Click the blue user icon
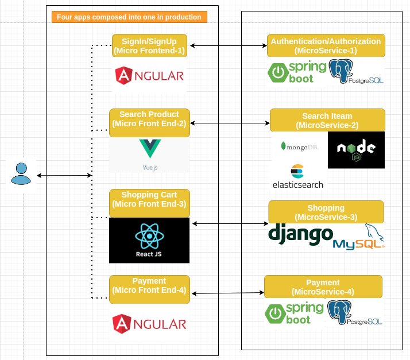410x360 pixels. pos(21,174)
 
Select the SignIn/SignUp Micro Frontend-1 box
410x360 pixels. pos(149,45)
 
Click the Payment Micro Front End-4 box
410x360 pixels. pos(149,285)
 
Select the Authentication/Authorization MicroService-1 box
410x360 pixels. pos(326,46)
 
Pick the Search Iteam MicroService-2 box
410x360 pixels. pos(327,121)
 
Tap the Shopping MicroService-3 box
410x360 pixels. pos(326,212)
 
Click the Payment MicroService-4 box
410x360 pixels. pos(323,287)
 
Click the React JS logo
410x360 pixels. pos(149,240)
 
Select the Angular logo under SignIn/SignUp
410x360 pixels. pos(149,75)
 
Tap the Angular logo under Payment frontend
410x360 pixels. pos(149,324)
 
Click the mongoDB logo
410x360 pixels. pos(299,146)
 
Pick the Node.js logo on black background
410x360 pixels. pos(356,150)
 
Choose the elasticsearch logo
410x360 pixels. pos(297,177)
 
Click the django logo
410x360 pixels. pos(300,234)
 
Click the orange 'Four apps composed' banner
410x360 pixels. pos(129,17)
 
